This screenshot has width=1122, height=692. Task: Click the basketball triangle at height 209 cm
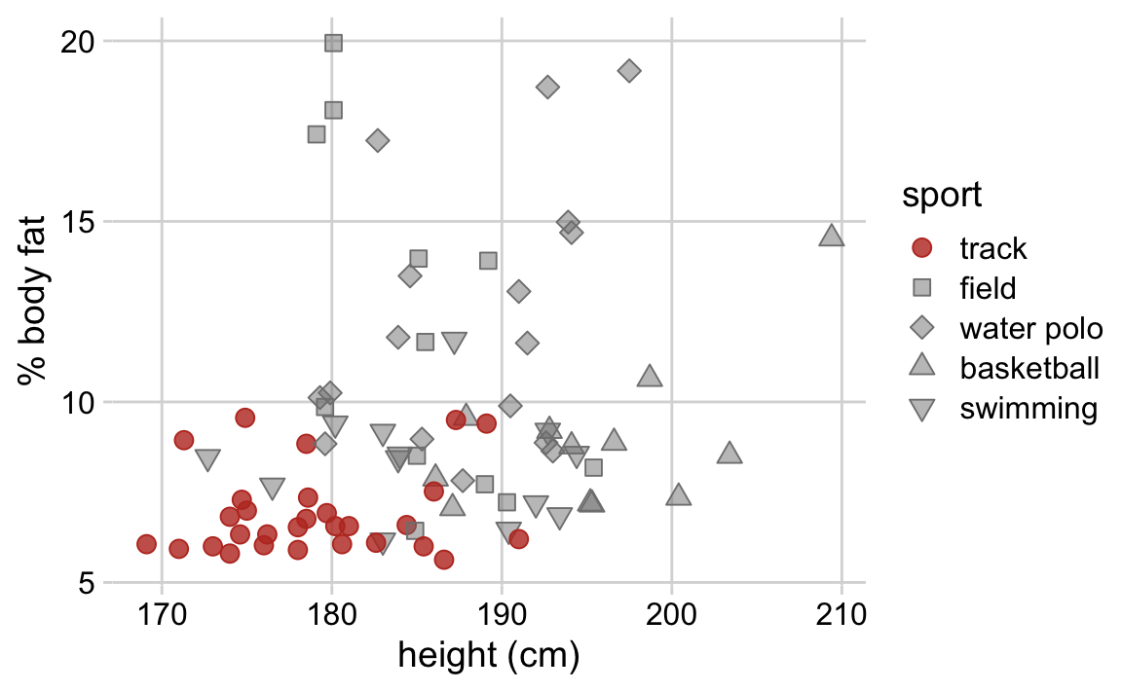coord(831,236)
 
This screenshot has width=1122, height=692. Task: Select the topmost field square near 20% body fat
coord(333,43)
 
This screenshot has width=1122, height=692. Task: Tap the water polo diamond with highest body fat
coord(629,70)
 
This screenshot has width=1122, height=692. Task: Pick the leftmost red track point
coord(147,544)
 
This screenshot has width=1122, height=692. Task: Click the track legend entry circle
coord(921,248)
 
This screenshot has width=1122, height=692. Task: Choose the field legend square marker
coord(921,288)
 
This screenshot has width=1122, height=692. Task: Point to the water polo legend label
coord(1030,328)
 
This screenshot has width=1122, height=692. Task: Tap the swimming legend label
coord(1028,408)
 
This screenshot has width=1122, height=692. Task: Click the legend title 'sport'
coord(940,196)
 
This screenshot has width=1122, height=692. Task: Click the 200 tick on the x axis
coord(671,615)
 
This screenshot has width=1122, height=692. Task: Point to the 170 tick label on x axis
coord(162,615)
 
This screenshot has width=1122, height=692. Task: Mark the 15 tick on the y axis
coord(76,222)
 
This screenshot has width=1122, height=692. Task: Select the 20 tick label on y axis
coord(76,42)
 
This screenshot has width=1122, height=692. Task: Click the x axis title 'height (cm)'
coord(488,657)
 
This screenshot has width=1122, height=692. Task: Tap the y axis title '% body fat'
coord(33,310)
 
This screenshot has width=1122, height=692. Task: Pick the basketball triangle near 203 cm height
coord(729,454)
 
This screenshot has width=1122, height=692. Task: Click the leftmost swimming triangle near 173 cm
coord(207,459)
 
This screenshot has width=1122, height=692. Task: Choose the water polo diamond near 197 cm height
coord(629,70)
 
